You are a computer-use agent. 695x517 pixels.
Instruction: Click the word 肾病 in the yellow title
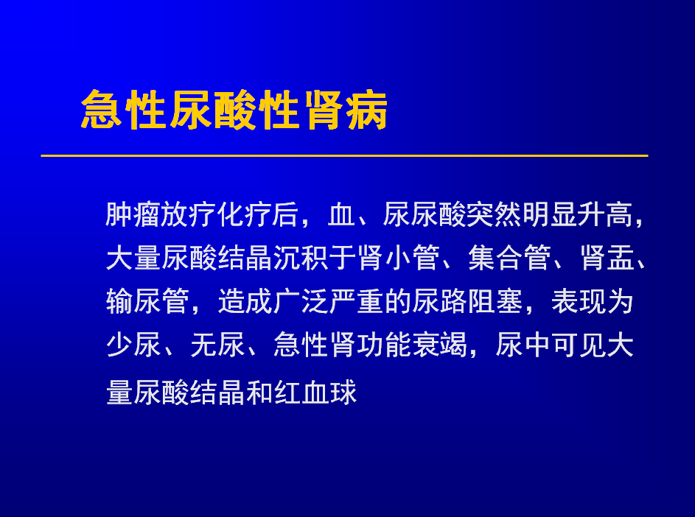coord(346,110)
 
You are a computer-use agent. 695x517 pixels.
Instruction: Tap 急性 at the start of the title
coord(124,110)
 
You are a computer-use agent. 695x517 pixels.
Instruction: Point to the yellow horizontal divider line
coord(344,155)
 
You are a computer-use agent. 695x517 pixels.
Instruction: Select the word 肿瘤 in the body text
coord(133,214)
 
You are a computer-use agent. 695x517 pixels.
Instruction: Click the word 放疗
coord(188,214)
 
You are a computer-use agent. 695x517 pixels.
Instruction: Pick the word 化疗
coord(244,214)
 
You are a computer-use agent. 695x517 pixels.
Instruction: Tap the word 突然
coord(495,214)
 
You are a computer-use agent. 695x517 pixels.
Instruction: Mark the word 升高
coord(606,214)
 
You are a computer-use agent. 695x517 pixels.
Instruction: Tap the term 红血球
coord(315,393)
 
